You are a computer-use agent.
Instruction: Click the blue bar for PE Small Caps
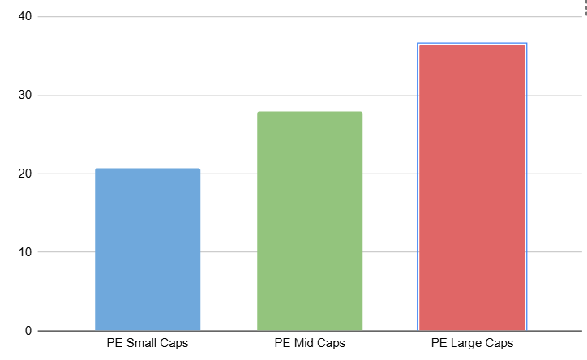[148, 249]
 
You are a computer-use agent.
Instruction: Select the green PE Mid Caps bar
[310, 221]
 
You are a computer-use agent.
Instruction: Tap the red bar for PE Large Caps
[472, 187]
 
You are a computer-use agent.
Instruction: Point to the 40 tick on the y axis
[25, 16]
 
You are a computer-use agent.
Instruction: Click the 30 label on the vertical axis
[25, 95]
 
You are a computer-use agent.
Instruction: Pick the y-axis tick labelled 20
[25, 174]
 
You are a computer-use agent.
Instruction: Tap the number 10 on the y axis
[25, 252]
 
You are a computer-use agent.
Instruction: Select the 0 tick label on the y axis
[28, 331]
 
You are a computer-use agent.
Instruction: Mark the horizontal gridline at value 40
[310, 16]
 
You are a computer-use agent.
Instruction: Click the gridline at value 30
[310, 96]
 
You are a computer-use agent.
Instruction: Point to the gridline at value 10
[310, 252]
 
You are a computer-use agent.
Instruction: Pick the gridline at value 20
[310, 174]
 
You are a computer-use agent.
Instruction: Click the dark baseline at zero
[310, 331]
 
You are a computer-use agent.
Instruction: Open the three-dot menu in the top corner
[585, 8]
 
